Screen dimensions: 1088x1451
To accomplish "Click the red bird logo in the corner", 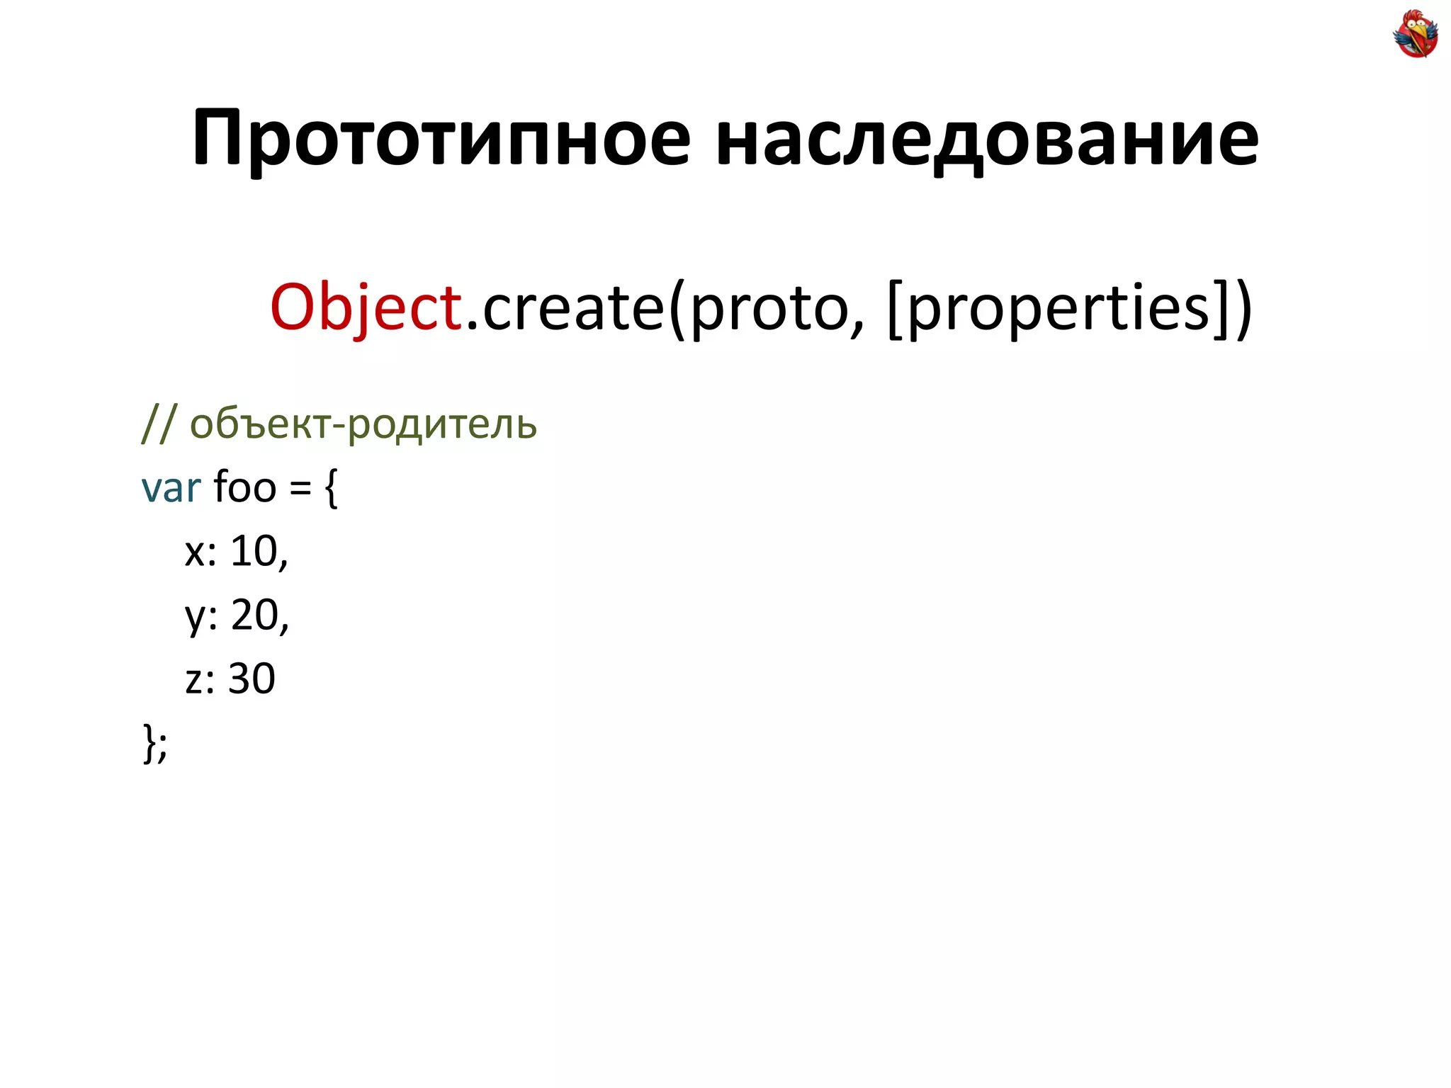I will tap(1415, 33).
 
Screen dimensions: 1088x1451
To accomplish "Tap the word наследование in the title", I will tap(987, 138).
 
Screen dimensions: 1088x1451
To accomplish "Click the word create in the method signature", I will tap(572, 308).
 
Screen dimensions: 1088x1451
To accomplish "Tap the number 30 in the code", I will tap(252, 679).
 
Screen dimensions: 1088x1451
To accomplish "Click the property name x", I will tap(196, 552).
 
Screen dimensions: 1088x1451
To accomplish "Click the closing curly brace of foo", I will tap(149, 742).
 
